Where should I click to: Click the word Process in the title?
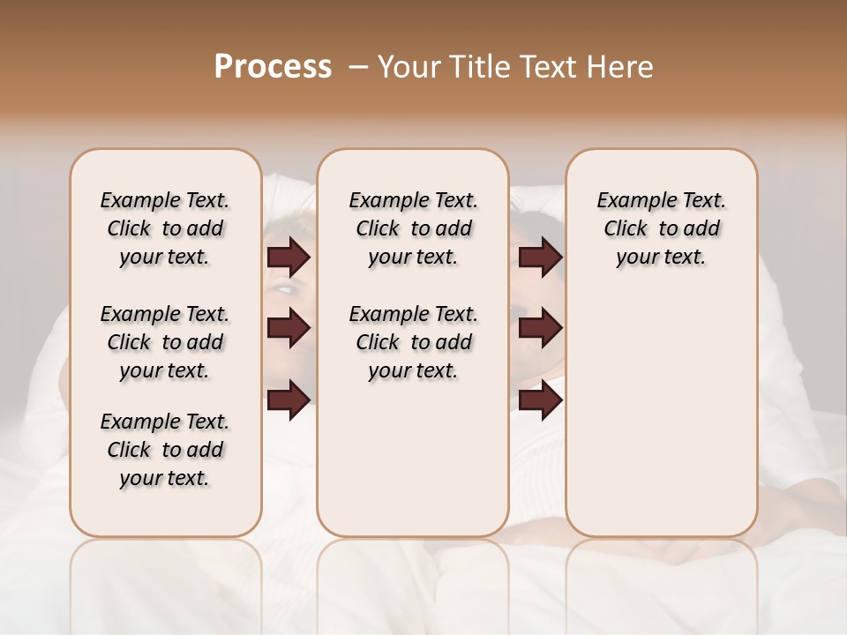[x=273, y=67]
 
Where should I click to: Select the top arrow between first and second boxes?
[x=289, y=258]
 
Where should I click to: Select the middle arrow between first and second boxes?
[x=289, y=328]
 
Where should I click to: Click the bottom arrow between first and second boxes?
[x=289, y=400]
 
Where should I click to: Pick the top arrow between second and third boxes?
[x=540, y=258]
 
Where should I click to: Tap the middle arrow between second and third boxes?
[x=540, y=328]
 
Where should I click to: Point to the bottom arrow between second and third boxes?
[x=540, y=400]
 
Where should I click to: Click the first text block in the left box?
[x=165, y=228]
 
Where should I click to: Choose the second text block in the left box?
[x=165, y=342]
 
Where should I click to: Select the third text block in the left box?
[x=165, y=450]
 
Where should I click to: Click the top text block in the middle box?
[x=413, y=228]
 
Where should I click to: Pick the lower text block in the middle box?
[x=413, y=342]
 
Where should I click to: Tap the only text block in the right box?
[x=661, y=228]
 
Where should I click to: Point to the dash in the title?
[x=358, y=67]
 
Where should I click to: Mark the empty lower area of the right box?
[x=661, y=415]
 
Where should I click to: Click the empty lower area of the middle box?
[x=413, y=459]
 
